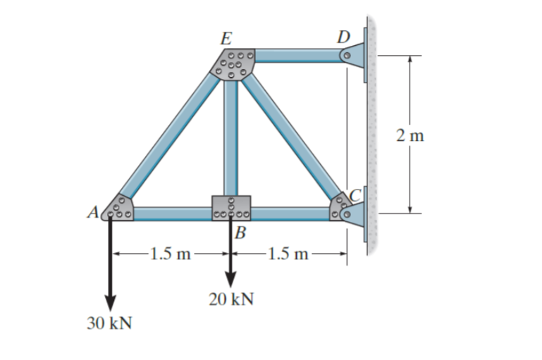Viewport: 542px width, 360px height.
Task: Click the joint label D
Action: point(343,36)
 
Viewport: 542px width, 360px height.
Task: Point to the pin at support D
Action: point(347,55)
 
